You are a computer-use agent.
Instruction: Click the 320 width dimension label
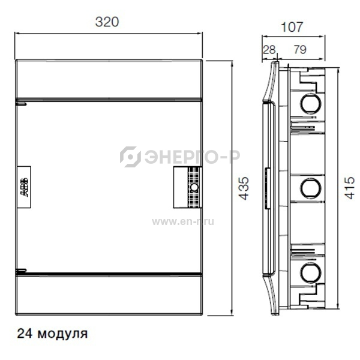107,22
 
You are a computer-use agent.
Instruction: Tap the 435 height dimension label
244,188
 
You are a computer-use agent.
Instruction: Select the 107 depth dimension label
292,27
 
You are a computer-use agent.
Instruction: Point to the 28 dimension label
269,50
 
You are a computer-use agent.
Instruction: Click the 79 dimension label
300,50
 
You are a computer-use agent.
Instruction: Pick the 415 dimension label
349,188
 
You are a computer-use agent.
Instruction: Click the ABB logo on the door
24,187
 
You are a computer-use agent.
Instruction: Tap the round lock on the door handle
194,187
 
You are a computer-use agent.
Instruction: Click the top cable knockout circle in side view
311,104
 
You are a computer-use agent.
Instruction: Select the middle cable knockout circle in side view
311,188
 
